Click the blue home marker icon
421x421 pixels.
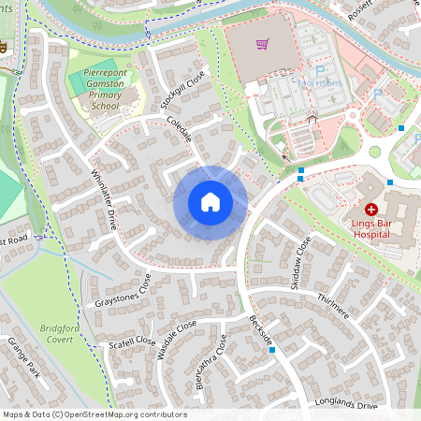(x=210, y=202)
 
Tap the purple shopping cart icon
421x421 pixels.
(x=263, y=43)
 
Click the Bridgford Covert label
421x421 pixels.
(x=62, y=335)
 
